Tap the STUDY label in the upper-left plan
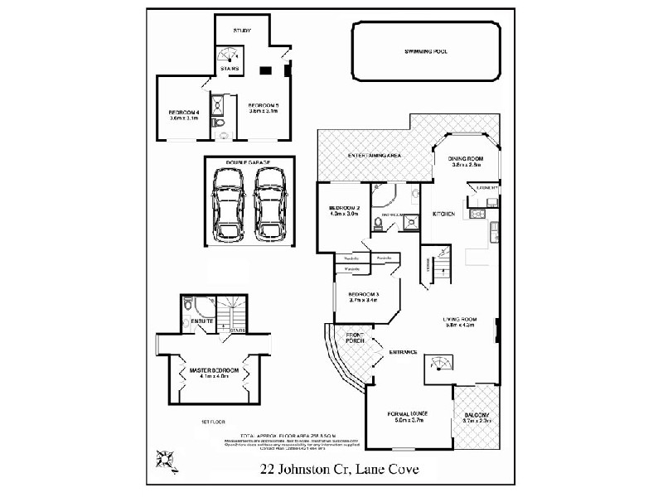(242, 30)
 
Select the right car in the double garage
(269, 204)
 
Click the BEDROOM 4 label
(182, 113)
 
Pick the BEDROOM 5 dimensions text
(264, 112)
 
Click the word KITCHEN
(443, 215)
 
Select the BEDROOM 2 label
(343, 208)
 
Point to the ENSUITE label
(203, 321)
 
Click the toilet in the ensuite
(188, 303)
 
